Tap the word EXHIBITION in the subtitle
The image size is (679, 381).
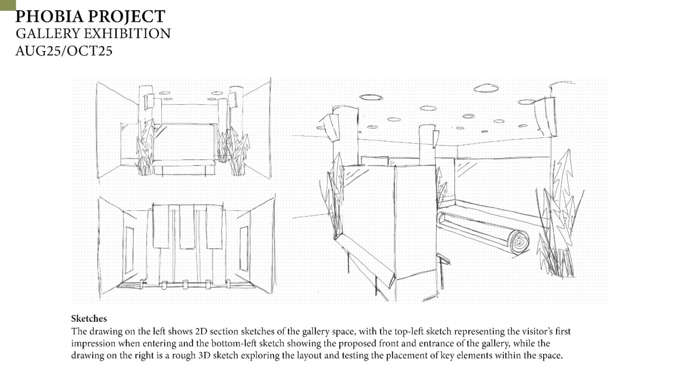click(127, 34)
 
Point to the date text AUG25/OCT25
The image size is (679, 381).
click(64, 51)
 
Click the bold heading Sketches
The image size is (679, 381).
click(89, 319)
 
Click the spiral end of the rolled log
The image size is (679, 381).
click(519, 242)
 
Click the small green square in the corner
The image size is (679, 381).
click(8, 5)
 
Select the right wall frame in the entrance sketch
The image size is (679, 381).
click(244, 248)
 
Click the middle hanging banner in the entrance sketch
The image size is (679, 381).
click(187, 227)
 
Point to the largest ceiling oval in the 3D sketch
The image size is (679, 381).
click(486, 89)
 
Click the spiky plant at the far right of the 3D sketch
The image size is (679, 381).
click(560, 214)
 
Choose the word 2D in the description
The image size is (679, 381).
click(201, 331)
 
